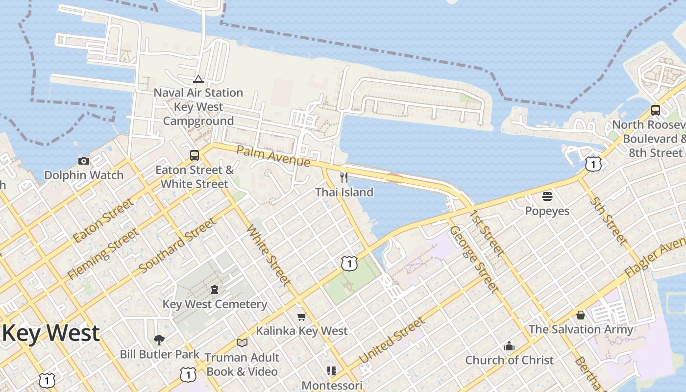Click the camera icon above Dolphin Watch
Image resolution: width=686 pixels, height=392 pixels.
click(x=84, y=161)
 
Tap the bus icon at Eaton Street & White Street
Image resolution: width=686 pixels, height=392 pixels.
click(x=195, y=155)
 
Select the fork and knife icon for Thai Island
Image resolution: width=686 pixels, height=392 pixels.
click(x=344, y=177)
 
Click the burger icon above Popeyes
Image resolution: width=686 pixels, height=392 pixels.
click(x=547, y=196)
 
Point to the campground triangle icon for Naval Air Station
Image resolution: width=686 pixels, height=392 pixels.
click(x=198, y=79)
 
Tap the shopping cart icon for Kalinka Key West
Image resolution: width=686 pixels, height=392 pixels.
click(x=301, y=317)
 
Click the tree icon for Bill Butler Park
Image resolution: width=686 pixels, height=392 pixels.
click(x=159, y=340)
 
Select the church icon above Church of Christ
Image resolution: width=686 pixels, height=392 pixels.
click(x=509, y=346)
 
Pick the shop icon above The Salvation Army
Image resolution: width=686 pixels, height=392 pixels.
click(x=581, y=315)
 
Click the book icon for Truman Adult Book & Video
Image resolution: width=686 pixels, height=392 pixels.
click(x=242, y=343)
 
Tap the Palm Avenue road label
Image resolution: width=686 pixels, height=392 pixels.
click(x=273, y=155)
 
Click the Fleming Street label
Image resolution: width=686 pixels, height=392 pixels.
click(x=102, y=255)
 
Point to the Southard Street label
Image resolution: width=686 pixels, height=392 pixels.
click(x=177, y=246)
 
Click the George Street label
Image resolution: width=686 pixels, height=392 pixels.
click(x=474, y=259)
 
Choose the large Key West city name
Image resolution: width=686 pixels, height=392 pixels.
click(x=51, y=333)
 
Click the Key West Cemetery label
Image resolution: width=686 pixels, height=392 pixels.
click(x=215, y=304)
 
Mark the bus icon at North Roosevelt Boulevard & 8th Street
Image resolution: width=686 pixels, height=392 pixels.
click(x=656, y=110)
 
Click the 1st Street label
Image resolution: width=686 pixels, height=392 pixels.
click(x=486, y=233)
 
